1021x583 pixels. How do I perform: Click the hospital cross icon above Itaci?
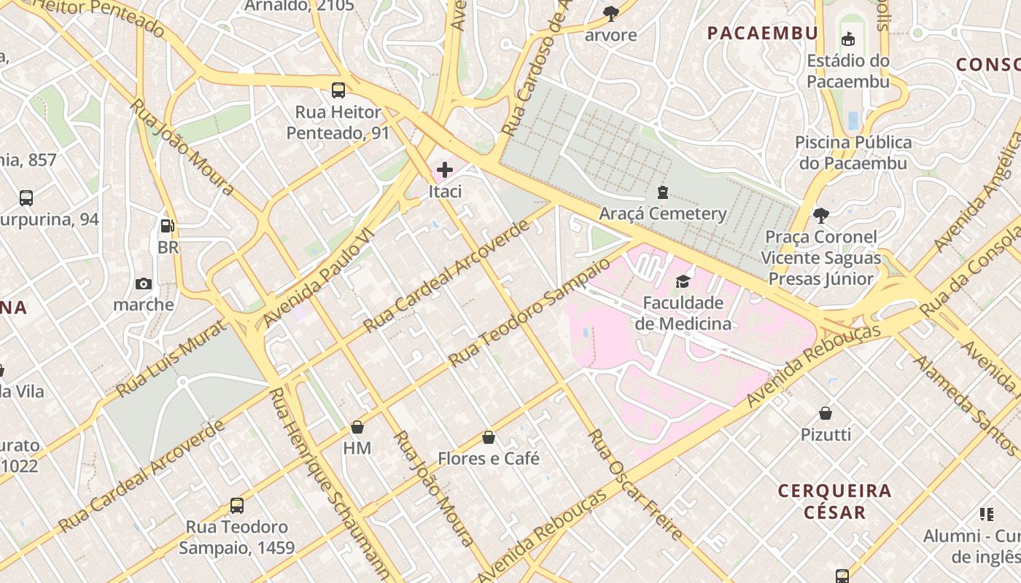[444, 171]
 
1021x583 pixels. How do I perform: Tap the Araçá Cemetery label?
[663, 214]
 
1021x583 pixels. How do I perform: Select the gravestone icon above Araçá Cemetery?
[662, 192]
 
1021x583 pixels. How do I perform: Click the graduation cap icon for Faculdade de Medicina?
[683, 281]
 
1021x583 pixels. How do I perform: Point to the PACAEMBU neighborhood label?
[763, 33]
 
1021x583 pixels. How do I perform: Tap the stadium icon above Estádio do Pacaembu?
[847, 39]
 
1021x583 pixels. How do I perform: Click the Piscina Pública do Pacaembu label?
[853, 152]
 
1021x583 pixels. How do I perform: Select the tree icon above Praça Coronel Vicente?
[820, 215]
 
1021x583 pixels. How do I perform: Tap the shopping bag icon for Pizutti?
[826, 413]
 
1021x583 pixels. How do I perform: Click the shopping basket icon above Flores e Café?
[489, 437]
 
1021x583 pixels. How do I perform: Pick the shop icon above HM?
[357, 427]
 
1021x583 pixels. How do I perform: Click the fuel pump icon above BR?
[167, 227]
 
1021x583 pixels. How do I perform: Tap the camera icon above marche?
[144, 283]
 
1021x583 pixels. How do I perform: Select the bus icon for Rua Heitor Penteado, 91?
[338, 90]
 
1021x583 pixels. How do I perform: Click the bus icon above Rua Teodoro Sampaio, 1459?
[236, 505]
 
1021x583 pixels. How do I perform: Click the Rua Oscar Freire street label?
[634, 485]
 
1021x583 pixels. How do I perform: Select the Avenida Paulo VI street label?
[317, 277]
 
